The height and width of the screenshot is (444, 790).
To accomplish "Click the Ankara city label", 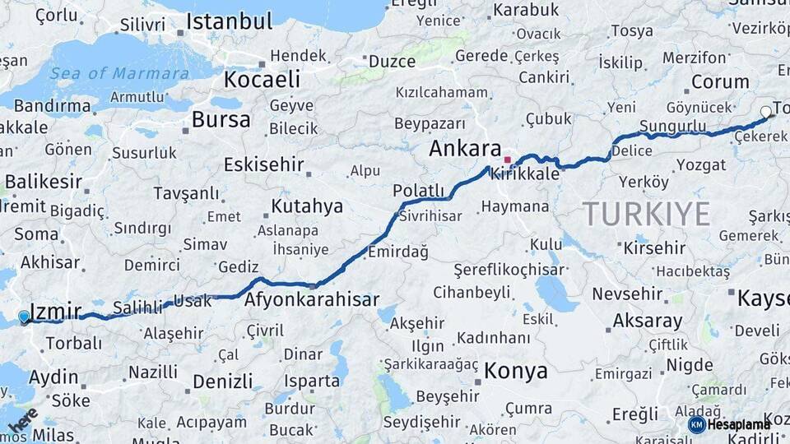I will click(x=465, y=150).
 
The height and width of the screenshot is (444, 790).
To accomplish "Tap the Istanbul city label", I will click(x=229, y=22).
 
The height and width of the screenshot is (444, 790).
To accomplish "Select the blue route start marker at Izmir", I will click(x=24, y=317).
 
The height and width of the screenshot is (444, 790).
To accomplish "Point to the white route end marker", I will click(x=766, y=111).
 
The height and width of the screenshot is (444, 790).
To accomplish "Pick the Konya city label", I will click(x=515, y=371).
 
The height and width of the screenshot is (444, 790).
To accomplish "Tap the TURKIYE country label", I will click(x=647, y=214).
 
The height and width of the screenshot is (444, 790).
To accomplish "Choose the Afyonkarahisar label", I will click(x=311, y=299).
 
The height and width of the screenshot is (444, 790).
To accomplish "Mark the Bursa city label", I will click(x=221, y=120).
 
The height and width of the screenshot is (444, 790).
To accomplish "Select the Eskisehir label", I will click(x=263, y=164).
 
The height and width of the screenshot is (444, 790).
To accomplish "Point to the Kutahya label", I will click(x=307, y=206).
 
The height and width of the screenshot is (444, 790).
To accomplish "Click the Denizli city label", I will click(x=222, y=382).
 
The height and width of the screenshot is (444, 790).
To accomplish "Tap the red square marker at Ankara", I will click(x=508, y=160).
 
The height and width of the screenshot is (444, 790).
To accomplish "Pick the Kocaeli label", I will click(x=262, y=79).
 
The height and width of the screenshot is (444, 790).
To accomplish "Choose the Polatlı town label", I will click(x=418, y=191).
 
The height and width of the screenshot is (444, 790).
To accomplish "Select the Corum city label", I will click(x=719, y=82).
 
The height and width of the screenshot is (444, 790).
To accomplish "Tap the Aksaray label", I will click(x=648, y=321).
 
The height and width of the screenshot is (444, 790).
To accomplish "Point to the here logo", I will click(x=22, y=419).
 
